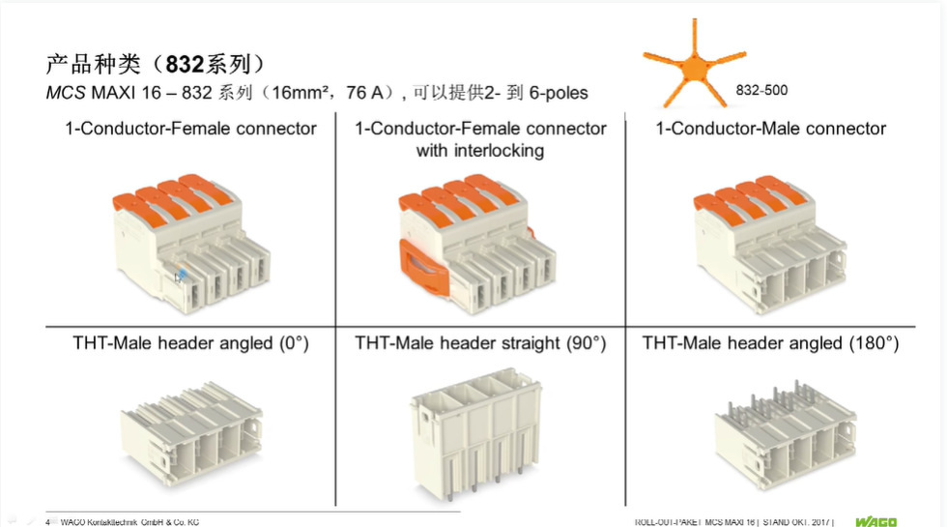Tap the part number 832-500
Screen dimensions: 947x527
(761, 91)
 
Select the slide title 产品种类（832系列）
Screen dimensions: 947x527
(156, 65)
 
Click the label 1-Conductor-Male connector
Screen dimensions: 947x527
(770, 129)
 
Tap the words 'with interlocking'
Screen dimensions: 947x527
(480, 150)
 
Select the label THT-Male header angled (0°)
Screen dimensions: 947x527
(190, 343)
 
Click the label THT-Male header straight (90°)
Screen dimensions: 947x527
(480, 343)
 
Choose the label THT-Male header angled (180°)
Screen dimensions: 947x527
(770, 343)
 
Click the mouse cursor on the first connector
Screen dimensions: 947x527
(181, 278)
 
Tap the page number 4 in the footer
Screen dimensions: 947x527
(47, 522)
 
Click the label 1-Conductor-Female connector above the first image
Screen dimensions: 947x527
(190, 129)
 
